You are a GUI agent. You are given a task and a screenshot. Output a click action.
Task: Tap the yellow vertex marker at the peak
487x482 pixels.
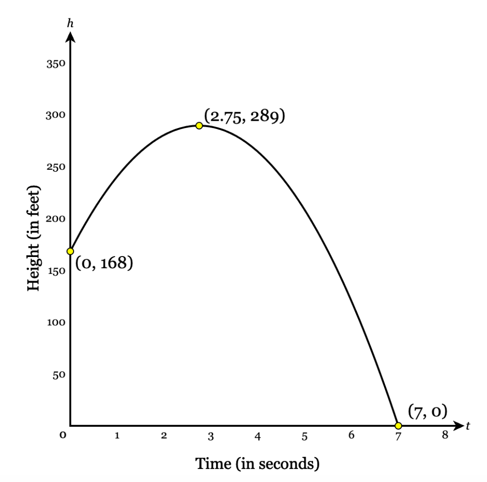point(199,126)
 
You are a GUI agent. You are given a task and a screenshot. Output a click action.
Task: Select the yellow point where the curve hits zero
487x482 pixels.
point(398,426)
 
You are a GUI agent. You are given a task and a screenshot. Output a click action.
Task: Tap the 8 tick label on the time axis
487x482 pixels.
point(445,435)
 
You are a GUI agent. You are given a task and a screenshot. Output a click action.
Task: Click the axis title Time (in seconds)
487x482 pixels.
point(257,463)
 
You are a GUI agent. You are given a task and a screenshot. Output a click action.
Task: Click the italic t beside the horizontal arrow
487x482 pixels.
point(468,426)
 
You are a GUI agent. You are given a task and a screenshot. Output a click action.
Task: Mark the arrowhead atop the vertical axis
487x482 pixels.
point(71,36)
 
